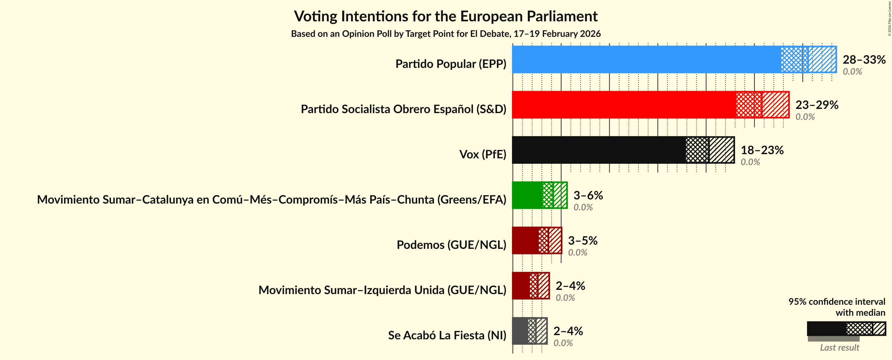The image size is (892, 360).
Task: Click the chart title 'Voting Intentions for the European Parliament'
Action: [446, 16]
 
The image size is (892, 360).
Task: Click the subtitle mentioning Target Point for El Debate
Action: [446, 34]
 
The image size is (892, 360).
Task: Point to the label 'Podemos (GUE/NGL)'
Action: [451, 245]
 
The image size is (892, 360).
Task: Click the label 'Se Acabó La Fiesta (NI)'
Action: [447, 335]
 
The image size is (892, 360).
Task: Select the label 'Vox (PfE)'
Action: [482, 154]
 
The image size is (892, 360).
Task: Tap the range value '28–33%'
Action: [864, 59]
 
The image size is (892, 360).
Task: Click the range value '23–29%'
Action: [817, 105]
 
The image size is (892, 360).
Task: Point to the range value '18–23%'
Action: [762, 150]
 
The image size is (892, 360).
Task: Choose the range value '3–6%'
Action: [588, 195]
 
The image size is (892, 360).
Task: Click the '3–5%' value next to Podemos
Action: [582, 240]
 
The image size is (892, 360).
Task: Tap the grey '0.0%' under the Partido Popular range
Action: [852, 72]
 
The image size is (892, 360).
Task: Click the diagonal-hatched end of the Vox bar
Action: [722, 150]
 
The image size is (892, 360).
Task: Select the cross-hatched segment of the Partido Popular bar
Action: [794, 59]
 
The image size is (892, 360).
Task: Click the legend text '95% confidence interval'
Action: [837, 302]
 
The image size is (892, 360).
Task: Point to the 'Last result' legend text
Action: [839, 347]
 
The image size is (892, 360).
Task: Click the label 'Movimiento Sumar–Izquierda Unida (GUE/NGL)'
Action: [382, 290]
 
